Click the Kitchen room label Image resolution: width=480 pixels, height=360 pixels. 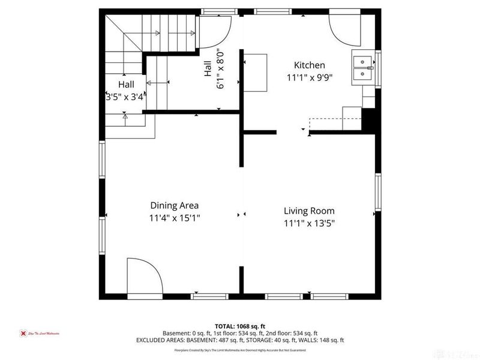[309, 65]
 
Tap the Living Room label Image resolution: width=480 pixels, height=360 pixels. [309, 211]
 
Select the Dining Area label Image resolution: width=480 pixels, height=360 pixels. [175, 205]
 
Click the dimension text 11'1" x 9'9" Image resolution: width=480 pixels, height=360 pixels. [309, 77]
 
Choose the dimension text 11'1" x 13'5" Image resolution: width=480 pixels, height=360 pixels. [309, 223]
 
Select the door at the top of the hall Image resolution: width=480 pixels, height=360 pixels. [214, 31]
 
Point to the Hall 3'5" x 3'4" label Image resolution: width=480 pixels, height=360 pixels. [125, 89]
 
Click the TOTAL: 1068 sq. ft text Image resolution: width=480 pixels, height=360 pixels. [239, 326]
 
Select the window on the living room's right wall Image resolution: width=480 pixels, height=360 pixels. [378, 194]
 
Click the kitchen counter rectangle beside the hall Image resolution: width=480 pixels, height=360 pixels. [256, 71]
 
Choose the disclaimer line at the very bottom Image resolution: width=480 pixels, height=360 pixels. [239, 349]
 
